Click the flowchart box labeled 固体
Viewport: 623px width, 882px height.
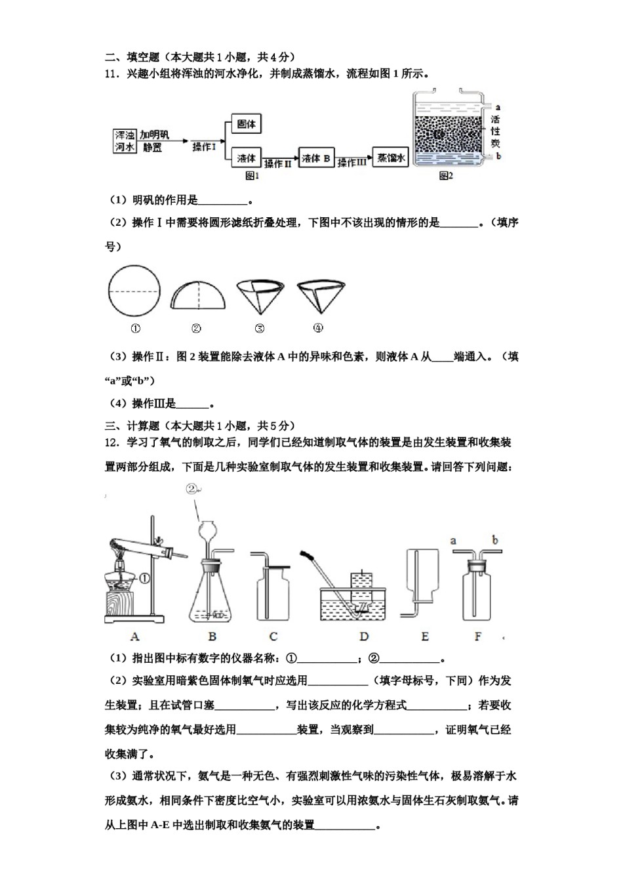pyautogui.click(x=246, y=124)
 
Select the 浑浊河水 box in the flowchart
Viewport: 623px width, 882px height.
pyautogui.click(x=125, y=141)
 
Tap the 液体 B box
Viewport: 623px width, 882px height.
pyautogui.click(x=316, y=158)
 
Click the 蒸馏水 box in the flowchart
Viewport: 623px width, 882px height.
pyautogui.click(x=390, y=158)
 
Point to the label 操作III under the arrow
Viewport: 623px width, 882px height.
pyautogui.click(x=352, y=164)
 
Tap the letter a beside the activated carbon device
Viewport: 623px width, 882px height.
pyautogui.click(x=498, y=107)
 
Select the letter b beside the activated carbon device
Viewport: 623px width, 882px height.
pyautogui.click(x=498, y=156)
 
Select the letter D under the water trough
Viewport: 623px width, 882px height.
pyautogui.click(x=364, y=637)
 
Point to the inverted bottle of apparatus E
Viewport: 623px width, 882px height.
pyautogui.click(x=422, y=571)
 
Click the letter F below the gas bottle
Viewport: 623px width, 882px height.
pyautogui.click(x=477, y=637)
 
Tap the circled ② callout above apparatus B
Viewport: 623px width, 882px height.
pyautogui.click(x=191, y=489)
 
